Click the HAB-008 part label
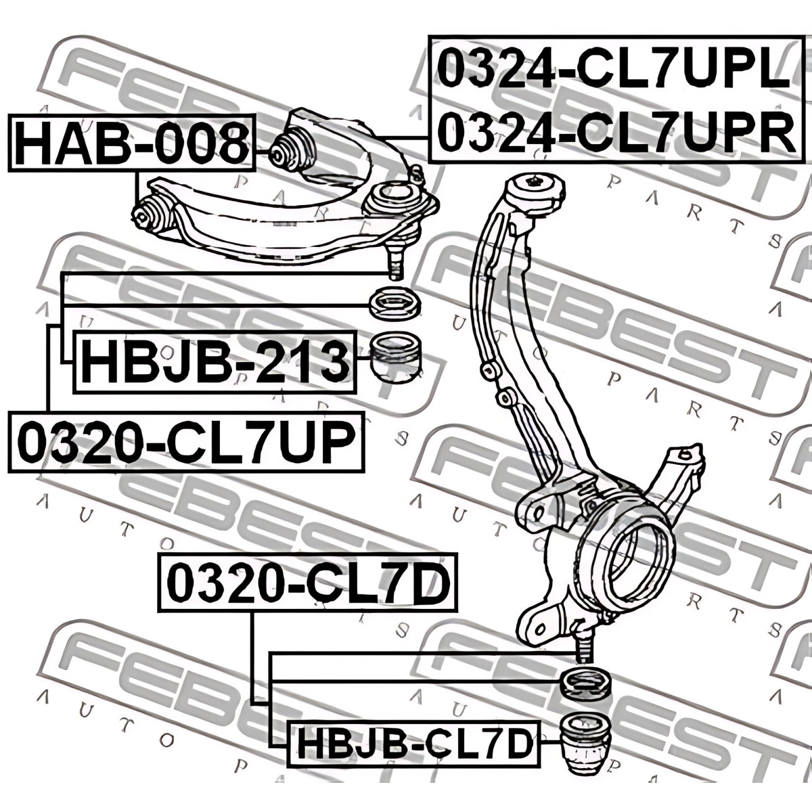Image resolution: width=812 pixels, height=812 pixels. [x=132, y=143]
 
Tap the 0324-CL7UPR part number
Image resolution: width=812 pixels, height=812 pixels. [x=616, y=131]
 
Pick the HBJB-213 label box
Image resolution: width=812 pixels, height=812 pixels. [x=215, y=362]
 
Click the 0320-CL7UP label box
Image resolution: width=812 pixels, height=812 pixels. [x=186, y=442]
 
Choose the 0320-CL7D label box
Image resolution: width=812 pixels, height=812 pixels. [x=308, y=583]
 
